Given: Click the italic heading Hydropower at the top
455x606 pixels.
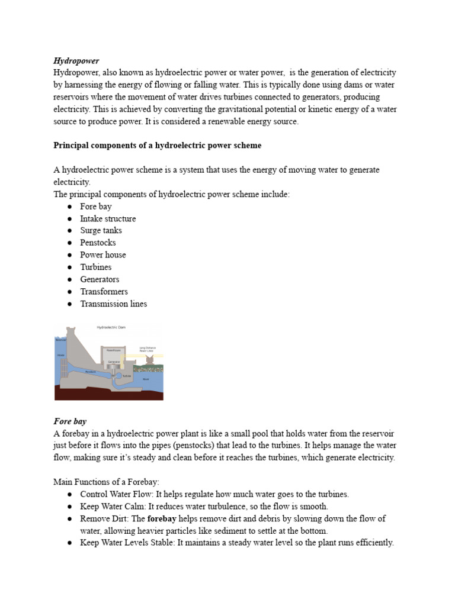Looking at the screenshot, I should (x=76, y=60).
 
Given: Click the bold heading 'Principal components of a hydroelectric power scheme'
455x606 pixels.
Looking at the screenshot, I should (x=157, y=145).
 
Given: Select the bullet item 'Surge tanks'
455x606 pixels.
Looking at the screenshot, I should (x=101, y=230).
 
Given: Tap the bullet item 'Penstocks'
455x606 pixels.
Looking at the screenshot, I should (x=98, y=243).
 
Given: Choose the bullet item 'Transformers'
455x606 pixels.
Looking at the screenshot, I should (x=104, y=291).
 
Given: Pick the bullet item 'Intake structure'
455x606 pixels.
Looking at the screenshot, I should (x=108, y=218).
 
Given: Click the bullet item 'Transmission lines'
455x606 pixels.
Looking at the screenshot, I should (x=113, y=304).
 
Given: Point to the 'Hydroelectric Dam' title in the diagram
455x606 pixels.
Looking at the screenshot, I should (x=111, y=327).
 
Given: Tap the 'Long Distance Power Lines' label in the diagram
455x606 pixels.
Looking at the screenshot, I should (x=147, y=349).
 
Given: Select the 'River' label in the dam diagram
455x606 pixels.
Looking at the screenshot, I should (x=146, y=379).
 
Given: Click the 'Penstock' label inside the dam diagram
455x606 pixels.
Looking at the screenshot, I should (x=90, y=372).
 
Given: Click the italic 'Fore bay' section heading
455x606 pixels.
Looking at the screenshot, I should (x=70, y=421).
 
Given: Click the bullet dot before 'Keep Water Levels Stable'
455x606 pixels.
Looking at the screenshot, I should (x=69, y=543).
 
